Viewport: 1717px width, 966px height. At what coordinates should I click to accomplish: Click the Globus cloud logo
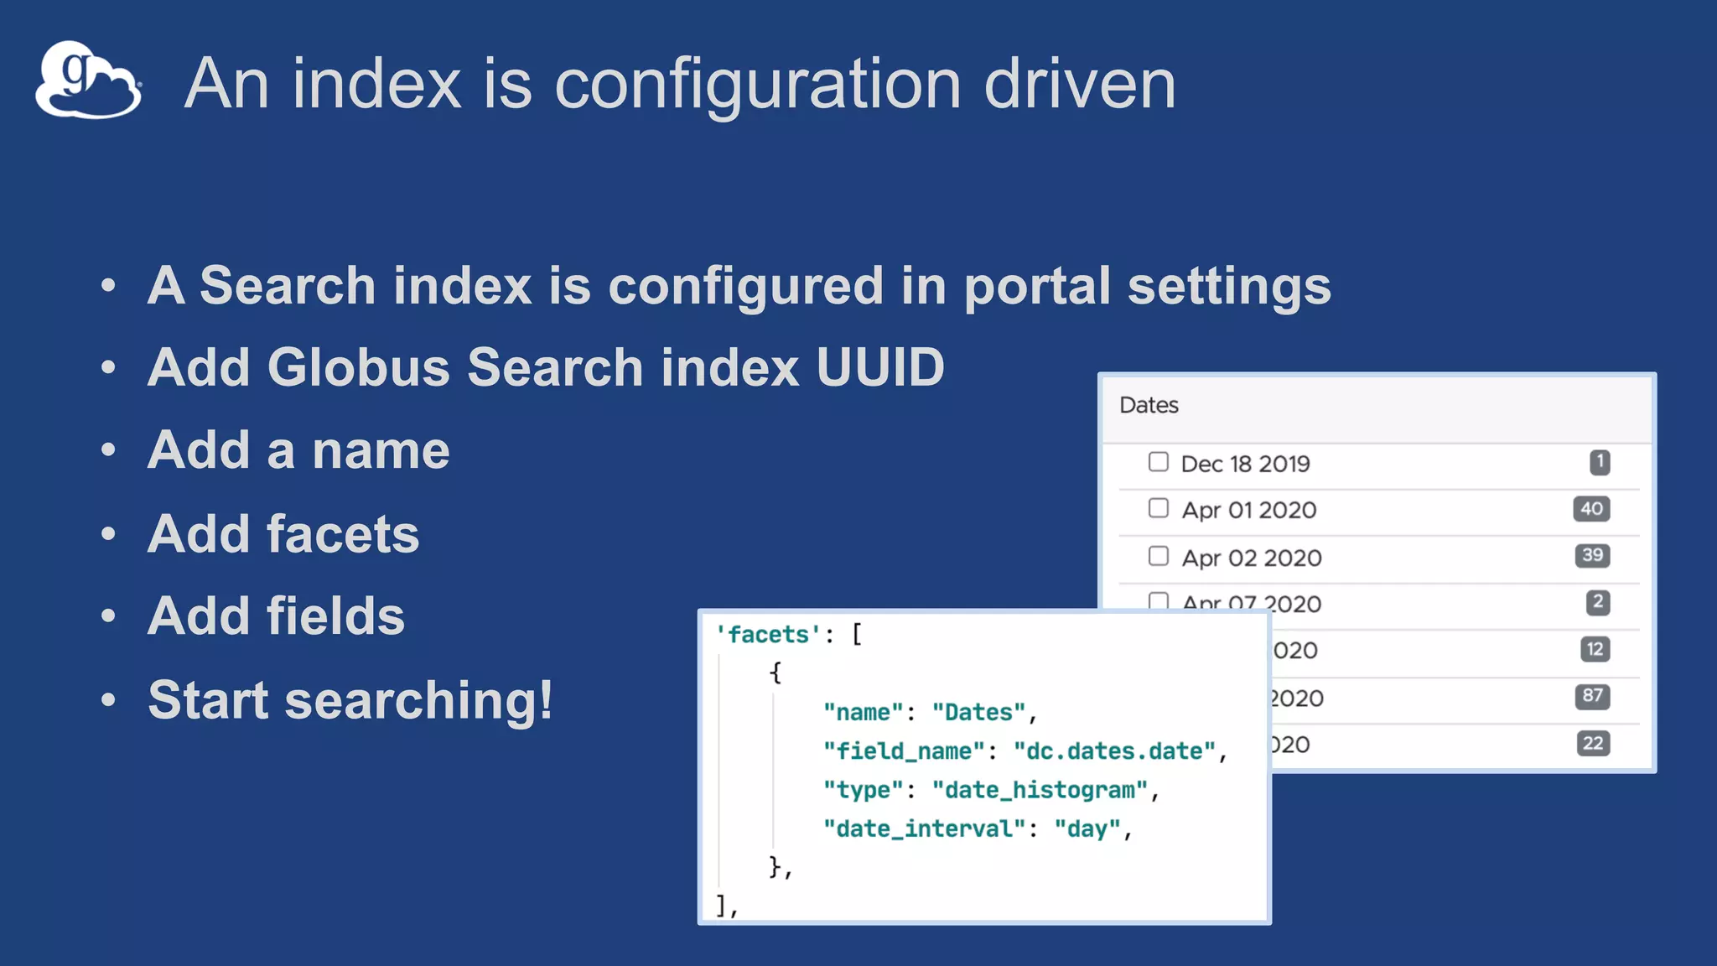[88, 80]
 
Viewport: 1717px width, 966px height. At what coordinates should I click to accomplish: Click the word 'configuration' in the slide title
[757, 84]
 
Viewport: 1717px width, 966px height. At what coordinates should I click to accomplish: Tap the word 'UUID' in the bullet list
[880, 367]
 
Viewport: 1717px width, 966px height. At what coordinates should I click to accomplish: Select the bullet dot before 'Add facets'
[108, 533]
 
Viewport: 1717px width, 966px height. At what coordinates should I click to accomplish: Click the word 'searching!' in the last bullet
[419, 699]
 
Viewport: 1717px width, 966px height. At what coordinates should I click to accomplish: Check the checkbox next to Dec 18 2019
[1158, 462]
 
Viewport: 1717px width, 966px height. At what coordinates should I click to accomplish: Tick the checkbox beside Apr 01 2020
[1158, 508]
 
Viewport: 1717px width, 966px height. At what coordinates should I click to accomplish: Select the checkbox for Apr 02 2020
[1158, 556]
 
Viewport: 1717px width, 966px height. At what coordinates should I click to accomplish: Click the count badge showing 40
[1591, 509]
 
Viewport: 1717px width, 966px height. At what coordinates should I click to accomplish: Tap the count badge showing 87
[1592, 696]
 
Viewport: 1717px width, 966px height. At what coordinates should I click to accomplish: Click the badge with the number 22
[1593, 743]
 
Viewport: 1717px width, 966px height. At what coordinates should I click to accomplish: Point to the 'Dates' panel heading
[1149, 405]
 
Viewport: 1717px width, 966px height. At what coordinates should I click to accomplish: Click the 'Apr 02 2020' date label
[1252, 558]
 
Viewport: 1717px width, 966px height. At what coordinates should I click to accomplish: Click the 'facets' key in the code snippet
[768, 635]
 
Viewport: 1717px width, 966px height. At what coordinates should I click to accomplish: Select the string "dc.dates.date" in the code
[1114, 751]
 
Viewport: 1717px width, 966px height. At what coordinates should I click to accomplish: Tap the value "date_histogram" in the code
[1040, 790]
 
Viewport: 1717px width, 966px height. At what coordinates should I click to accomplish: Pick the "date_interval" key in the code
[924, 829]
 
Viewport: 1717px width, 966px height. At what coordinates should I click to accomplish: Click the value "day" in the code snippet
[1087, 829]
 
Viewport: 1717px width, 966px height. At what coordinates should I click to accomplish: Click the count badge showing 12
[1595, 649]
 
